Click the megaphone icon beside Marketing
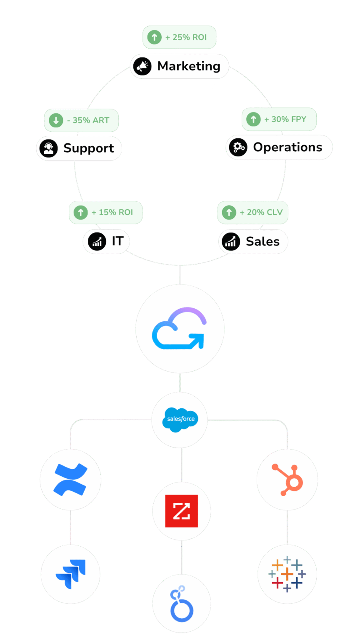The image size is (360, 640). (143, 66)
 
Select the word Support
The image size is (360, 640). (89, 148)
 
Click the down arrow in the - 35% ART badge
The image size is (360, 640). (55, 120)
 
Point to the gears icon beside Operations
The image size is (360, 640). (238, 147)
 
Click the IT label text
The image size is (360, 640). (117, 241)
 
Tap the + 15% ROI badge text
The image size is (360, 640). (112, 212)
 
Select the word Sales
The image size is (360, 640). (262, 242)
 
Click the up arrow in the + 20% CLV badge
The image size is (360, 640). (228, 212)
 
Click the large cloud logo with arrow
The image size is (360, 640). (180, 329)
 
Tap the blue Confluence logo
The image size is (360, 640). (70, 479)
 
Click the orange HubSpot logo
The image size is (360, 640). (287, 479)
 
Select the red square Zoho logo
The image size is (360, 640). (181, 511)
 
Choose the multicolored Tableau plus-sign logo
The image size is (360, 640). (287, 574)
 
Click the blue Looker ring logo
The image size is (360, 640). (181, 603)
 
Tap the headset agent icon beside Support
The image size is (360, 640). (49, 148)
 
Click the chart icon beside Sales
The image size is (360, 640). (231, 242)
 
